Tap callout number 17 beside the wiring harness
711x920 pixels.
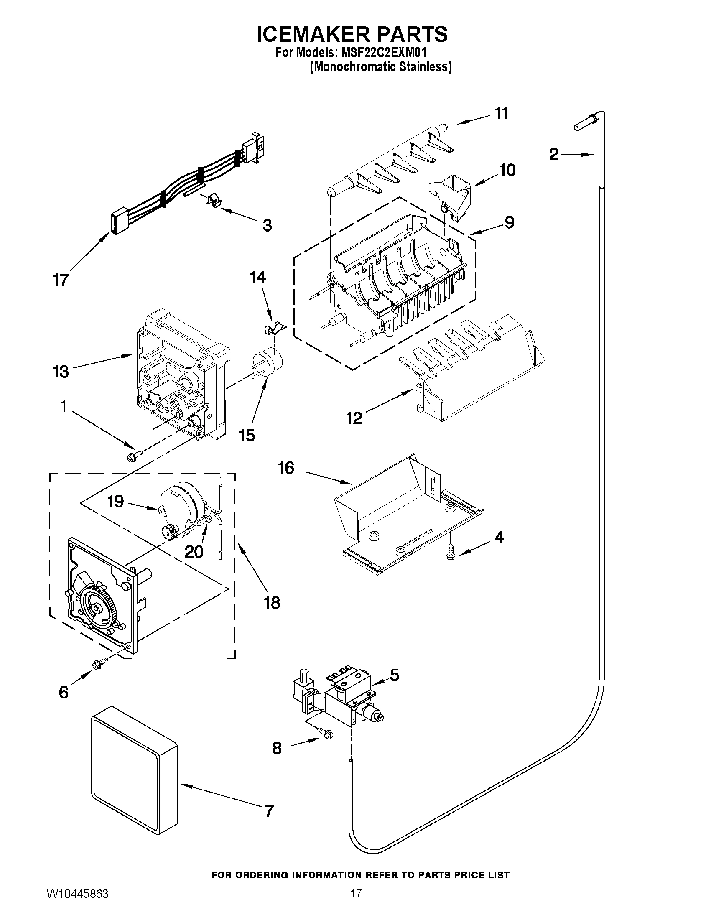[61, 280]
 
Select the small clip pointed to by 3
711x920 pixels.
[214, 201]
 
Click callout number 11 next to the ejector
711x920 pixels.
[501, 114]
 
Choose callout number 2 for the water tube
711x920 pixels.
[553, 155]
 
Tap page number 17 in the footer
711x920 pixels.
[356, 903]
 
